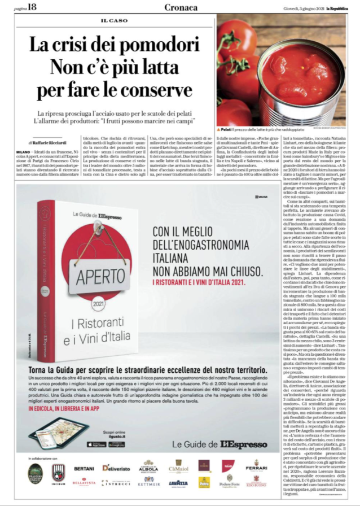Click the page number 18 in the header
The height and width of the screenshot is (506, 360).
(x=32, y=7)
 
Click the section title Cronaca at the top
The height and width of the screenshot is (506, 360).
(x=181, y=7)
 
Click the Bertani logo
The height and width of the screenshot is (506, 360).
(x=84, y=469)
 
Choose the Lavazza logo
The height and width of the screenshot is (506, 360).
(x=178, y=483)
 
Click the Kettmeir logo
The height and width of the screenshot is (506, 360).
(x=148, y=483)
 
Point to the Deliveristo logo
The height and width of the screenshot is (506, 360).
(x=116, y=468)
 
